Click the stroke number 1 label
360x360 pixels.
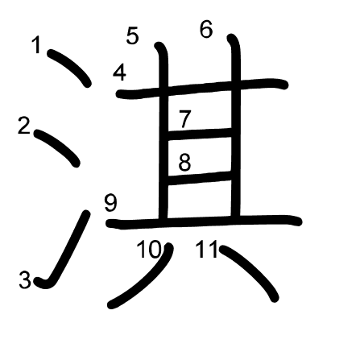(x=36, y=45)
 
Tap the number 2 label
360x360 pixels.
(x=24, y=126)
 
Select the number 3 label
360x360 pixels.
(x=25, y=279)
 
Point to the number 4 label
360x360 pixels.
(x=119, y=72)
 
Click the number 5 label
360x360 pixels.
(x=133, y=35)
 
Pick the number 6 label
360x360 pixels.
(x=206, y=29)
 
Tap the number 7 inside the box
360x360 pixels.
(x=184, y=118)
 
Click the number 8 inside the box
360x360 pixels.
(x=184, y=162)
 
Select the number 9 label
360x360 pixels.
(x=111, y=203)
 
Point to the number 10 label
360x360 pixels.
(x=149, y=249)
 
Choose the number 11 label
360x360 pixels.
(x=207, y=249)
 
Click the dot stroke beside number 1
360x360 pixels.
(x=69, y=68)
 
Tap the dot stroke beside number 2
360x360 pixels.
(x=57, y=147)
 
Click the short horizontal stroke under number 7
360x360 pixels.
(x=200, y=134)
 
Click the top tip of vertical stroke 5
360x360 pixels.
(x=159, y=45)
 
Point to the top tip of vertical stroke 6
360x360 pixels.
(x=231, y=37)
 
